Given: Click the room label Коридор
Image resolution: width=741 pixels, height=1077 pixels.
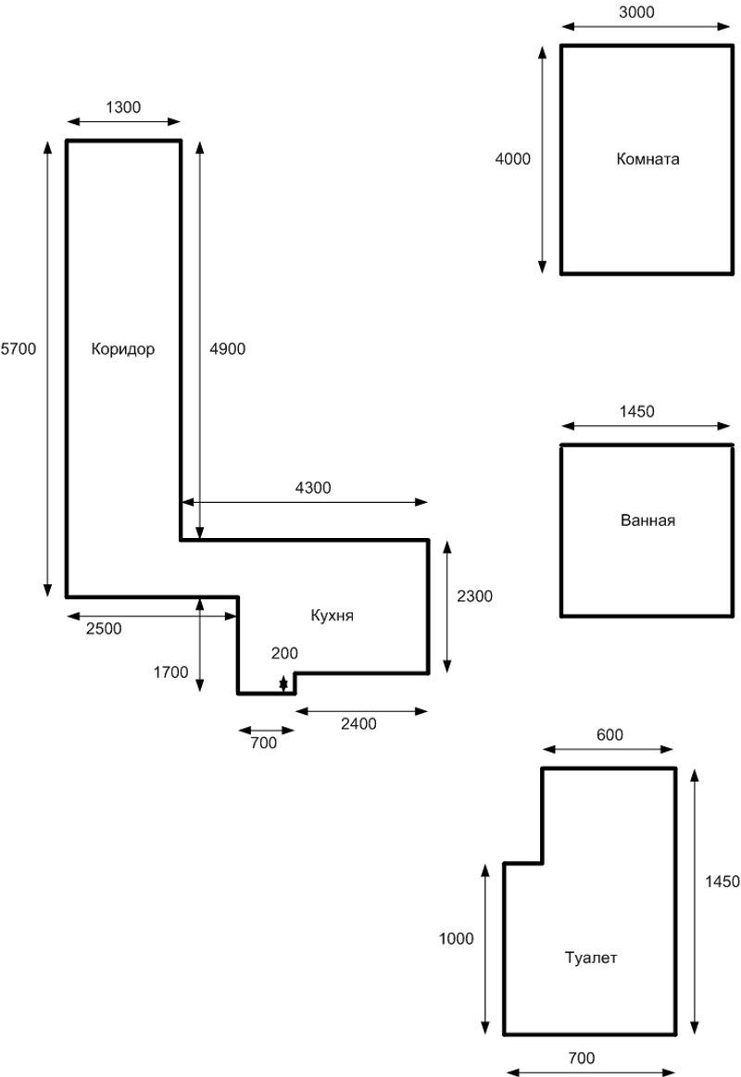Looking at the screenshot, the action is click(x=123, y=350).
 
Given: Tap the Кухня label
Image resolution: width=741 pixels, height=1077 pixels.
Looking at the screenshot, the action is click(x=333, y=616).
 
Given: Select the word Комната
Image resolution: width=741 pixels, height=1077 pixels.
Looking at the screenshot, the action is click(x=647, y=159).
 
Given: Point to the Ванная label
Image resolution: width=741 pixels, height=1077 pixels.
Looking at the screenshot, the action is click(x=647, y=520).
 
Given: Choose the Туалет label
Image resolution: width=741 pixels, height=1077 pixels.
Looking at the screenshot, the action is click(x=591, y=958).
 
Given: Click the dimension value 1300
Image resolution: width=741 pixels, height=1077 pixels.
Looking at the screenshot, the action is click(x=123, y=107).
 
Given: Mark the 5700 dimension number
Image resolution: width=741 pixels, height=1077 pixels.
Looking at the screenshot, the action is click(x=19, y=349).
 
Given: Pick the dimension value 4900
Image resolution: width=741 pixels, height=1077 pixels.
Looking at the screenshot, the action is click(x=227, y=349).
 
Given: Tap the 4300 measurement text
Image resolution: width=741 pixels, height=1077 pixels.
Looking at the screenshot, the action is click(x=313, y=488).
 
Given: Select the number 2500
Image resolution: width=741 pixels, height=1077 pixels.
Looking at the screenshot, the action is click(x=104, y=629).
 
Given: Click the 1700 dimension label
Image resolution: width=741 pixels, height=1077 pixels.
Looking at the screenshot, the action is click(x=170, y=672).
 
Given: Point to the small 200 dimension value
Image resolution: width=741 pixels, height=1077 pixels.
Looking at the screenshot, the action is click(x=284, y=653).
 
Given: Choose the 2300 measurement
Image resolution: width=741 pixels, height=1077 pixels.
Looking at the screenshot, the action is click(x=474, y=596).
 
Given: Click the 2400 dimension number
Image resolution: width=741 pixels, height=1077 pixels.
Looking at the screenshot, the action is click(x=358, y=724).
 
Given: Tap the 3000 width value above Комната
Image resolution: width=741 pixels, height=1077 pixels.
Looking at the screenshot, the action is click(x=636, y=12).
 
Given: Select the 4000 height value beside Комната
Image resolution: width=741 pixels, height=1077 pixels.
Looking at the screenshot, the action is click(x=513, y=159).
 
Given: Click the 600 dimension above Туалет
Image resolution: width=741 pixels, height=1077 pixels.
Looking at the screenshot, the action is click(x=609, y=735).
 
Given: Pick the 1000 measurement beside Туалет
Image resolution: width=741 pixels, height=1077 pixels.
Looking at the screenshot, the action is click(x=456, y=939).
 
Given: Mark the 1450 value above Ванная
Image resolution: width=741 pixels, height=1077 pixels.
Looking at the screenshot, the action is click(x=636, y=411).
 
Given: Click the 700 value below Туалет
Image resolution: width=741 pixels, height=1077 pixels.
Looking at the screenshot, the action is click(x=581, y=1058).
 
